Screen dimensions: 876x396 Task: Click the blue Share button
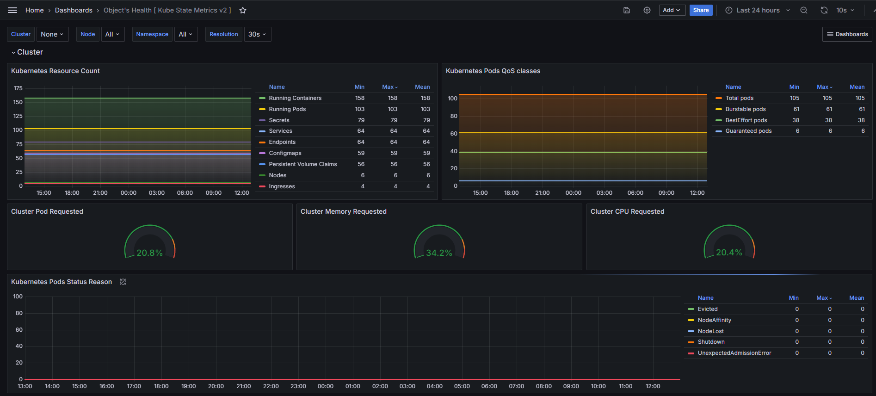(701, 10)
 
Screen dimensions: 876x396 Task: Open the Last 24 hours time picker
(758, 10)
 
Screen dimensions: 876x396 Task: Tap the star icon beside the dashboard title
(243, 10)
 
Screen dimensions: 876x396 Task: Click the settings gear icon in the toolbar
(647, 10)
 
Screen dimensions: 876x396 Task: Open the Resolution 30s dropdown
(257, 34)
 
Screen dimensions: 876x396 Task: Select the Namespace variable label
(152, 34)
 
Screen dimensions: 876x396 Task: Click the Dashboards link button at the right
(847, 34)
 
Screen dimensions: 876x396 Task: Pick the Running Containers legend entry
(295, 98)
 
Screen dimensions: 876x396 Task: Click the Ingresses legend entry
(282, 186)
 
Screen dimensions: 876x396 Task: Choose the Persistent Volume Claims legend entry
(303, 164)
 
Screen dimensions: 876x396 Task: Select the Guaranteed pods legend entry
(748, 131)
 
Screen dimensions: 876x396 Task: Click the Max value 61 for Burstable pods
(829, 109)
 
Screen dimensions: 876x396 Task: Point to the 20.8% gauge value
(149, 253)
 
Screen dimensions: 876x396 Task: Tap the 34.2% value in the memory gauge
(439, 253)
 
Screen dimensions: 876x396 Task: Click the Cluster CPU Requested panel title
(627, 211)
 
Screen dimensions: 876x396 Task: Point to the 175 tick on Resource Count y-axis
(18, 88)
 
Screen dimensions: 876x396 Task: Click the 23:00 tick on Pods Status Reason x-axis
(298, 386)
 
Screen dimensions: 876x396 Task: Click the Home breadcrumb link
(35, 10)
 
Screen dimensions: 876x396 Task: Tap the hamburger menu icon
(12, 10)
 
